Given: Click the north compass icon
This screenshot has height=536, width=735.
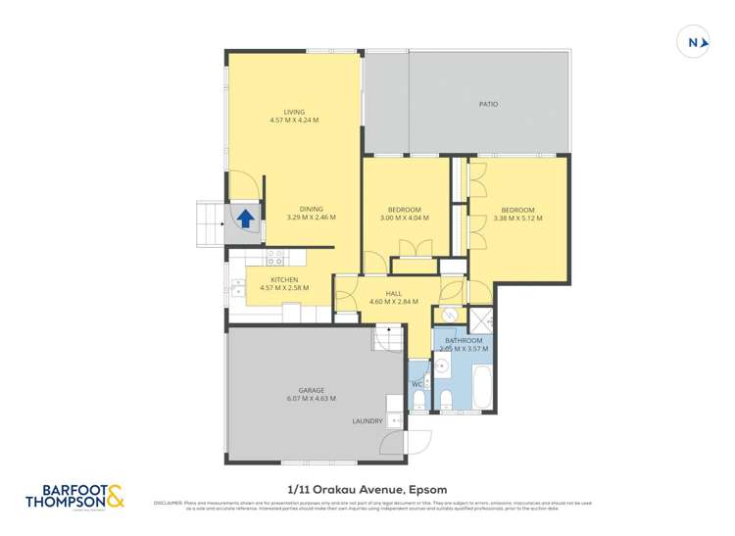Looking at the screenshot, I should coord(694,41).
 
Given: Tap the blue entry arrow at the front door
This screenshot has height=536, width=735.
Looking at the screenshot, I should coord(245,219).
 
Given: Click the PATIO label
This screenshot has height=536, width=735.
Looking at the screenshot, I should coord(489,102).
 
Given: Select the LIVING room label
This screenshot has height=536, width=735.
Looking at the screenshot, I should coord(294,112).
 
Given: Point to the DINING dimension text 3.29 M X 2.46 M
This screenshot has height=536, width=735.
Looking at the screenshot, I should coord(311,217).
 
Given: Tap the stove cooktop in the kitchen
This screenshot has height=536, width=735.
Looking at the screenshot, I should coord(276,258).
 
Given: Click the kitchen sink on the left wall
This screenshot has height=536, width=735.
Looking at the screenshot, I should coord(237,288).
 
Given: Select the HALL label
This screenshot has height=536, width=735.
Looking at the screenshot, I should coord(393,293).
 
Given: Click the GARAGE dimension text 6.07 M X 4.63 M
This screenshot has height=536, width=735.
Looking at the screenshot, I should coord(312,398).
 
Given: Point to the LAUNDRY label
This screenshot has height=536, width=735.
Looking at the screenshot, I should coord(367,422).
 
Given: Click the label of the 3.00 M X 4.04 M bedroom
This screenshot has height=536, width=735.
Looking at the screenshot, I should coord(404,210).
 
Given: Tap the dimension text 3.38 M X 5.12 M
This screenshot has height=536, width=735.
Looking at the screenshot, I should coord(517,218).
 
